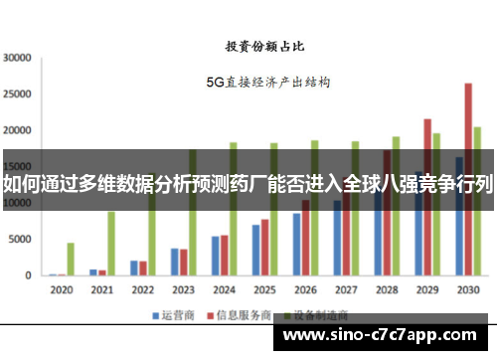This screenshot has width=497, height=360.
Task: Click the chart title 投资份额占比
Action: [x=266, y=45]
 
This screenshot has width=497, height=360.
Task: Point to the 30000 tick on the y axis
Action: [x=18, y=58]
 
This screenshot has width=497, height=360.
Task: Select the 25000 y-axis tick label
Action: [x=18, y=93]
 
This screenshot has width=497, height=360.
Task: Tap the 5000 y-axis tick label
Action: [x=21, y=240]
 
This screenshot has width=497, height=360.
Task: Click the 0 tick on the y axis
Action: [x=31, y=275]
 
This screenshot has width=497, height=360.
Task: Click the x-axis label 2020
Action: [x=61, y=289]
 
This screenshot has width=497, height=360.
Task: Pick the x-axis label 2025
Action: [x=264, y=289]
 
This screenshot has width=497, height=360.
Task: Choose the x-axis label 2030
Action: [x=467, y=289]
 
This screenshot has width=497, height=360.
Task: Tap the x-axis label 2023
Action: [x=183, y=289]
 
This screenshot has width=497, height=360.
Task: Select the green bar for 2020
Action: [x=71, y=259]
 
